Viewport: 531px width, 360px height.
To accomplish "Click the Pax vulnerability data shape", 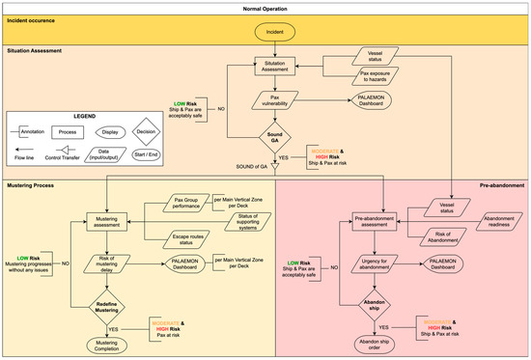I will tap(278, 100).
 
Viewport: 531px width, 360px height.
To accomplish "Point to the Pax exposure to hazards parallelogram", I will tap(374, 77).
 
